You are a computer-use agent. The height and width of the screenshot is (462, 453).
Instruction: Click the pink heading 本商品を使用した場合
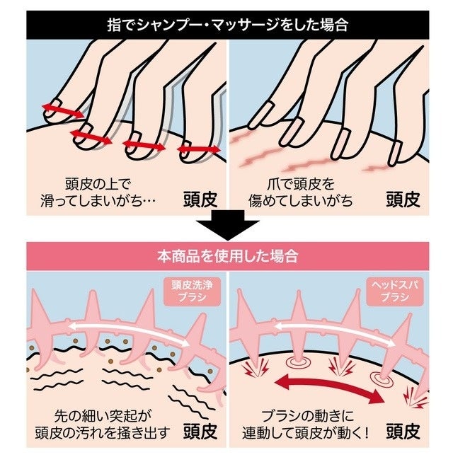pyautogui.click(x=226, y=256)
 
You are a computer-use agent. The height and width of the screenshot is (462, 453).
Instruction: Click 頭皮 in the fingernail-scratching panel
pyautogui.click(x=402, y=199)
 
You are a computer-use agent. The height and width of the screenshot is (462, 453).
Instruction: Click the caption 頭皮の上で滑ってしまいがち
pyautogui.click(x=99, y=192)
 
